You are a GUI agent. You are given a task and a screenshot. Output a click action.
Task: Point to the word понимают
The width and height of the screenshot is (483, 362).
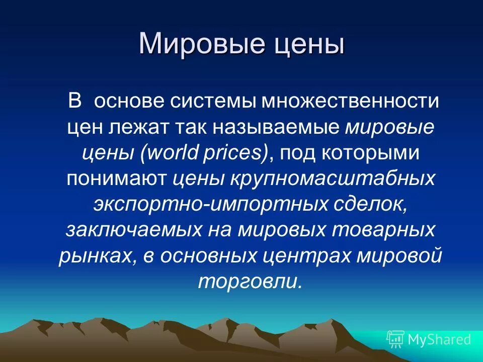pos(118,179)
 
